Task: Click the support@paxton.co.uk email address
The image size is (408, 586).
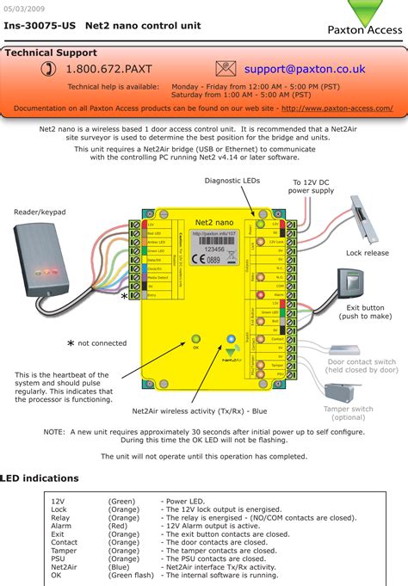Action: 304,69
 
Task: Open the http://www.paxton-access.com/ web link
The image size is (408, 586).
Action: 337,108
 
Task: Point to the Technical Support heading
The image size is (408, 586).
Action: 52,52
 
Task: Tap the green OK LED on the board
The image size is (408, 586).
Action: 195,339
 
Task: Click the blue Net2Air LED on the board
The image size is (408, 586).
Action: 231,339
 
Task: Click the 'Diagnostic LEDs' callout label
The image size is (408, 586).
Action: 232,181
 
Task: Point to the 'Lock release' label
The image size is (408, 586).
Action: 368,254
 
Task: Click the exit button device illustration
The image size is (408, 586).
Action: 352,282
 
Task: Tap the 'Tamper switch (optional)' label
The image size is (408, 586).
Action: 349,413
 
